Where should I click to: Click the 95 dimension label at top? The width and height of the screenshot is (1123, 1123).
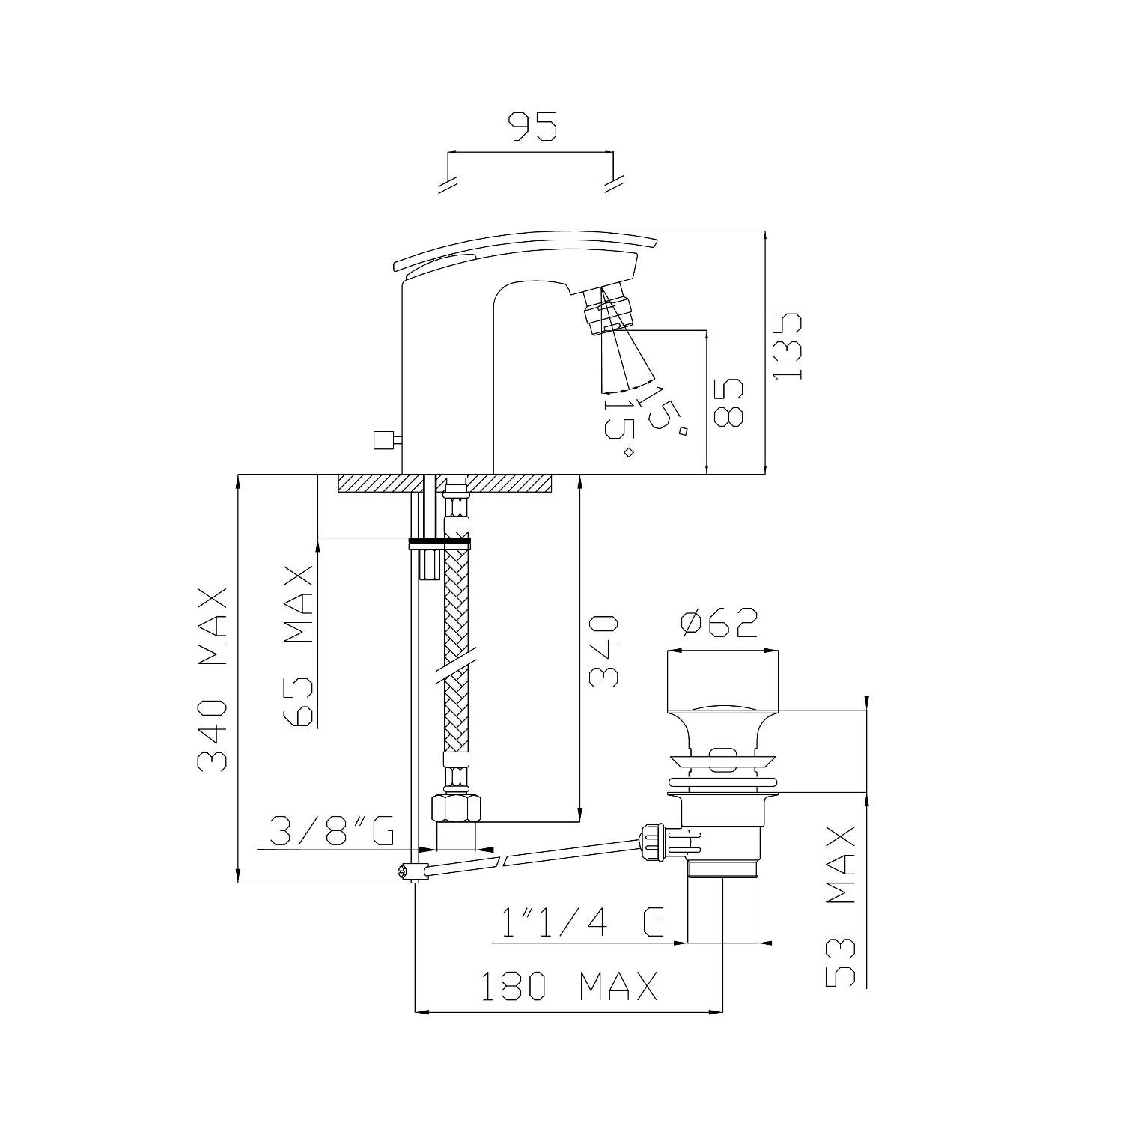(533, 127)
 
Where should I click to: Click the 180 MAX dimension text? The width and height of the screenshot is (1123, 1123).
(568, 986)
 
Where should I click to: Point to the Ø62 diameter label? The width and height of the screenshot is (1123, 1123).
(719, 623)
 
